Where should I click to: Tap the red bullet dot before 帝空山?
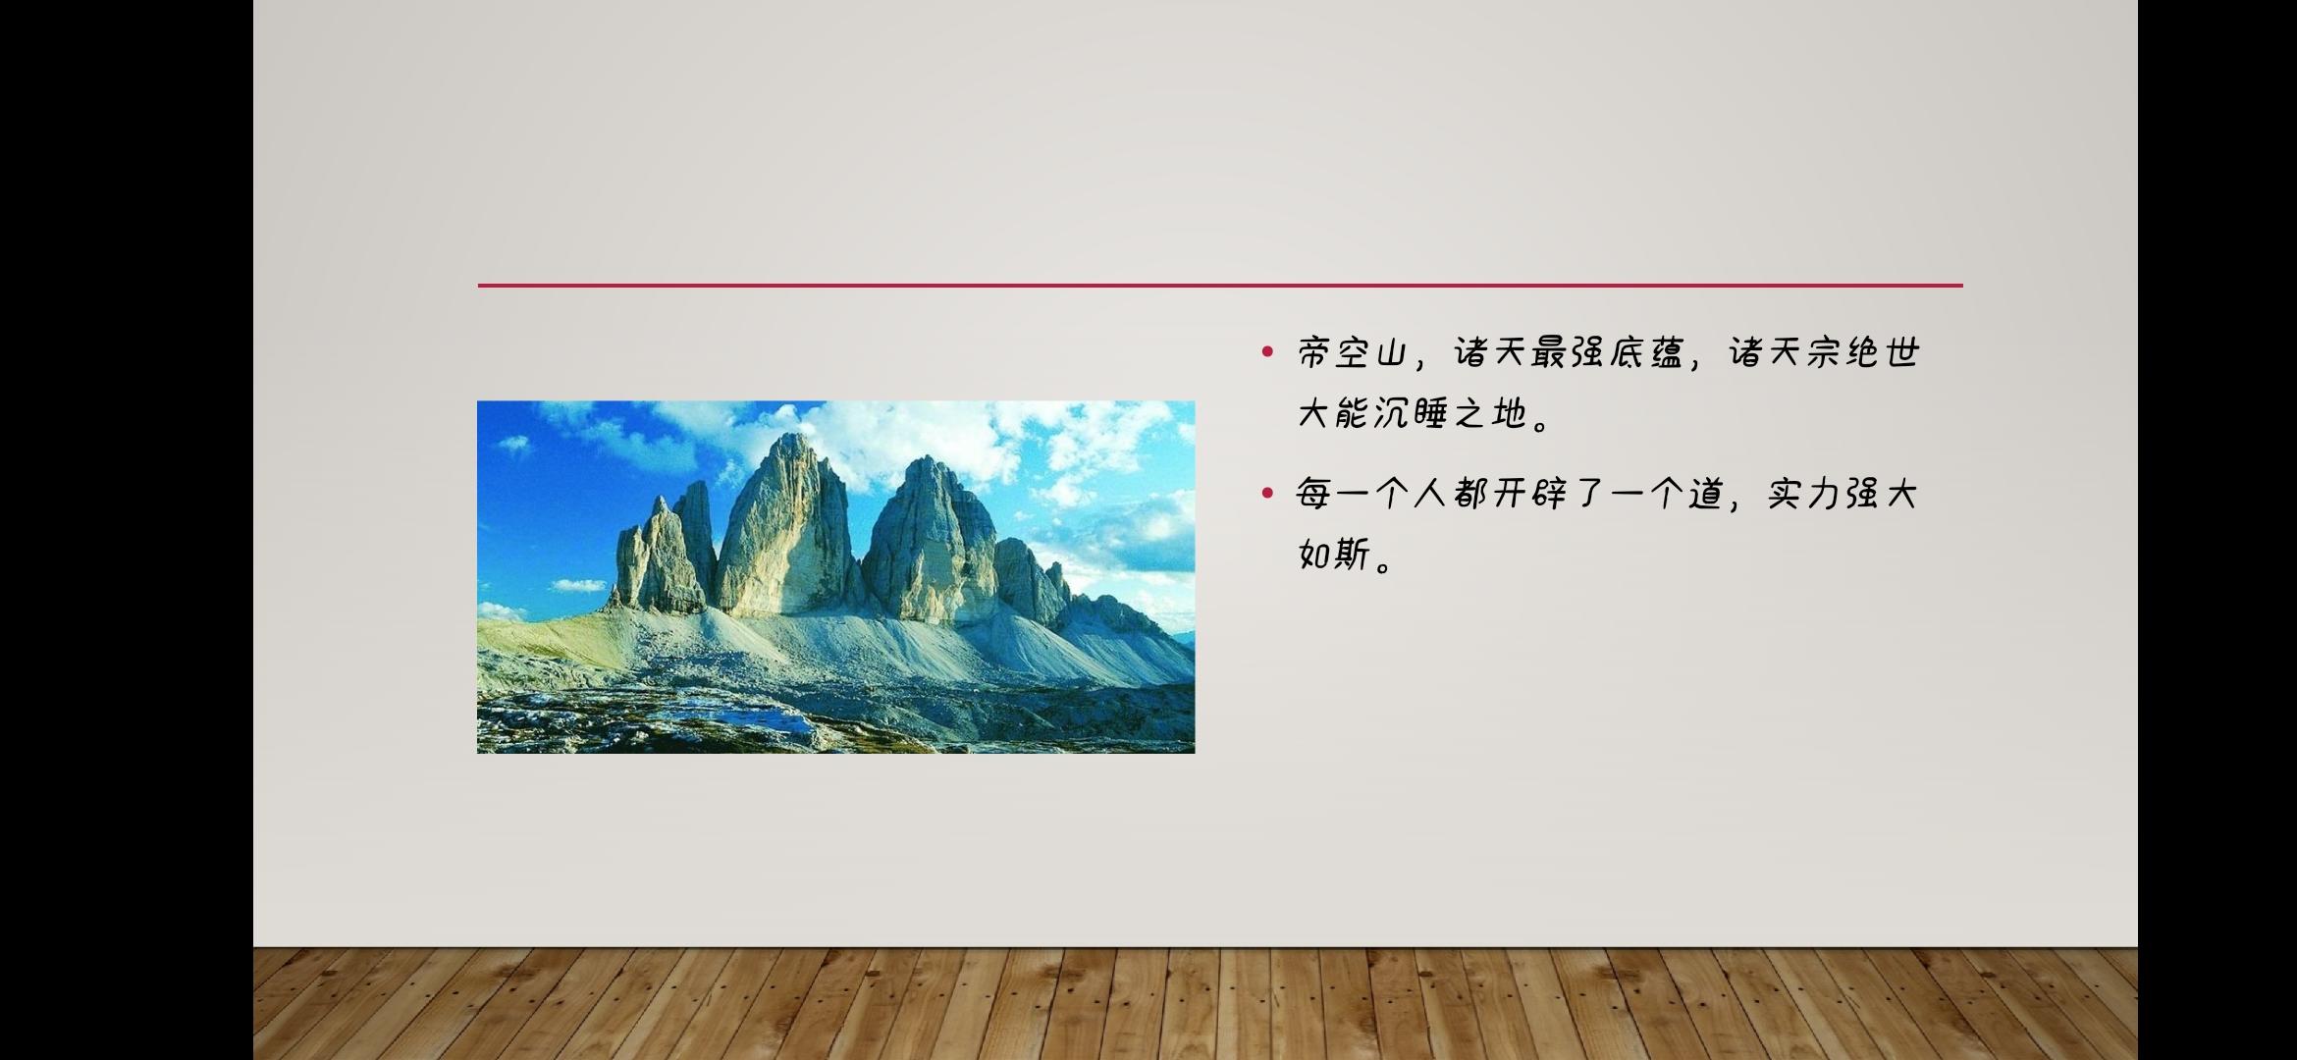pyautogui.click(x=1267, y=351)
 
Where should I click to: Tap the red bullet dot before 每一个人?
pyautogui.click(x=1267, y=493)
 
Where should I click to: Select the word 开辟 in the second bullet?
pyautogui.click(x=1529, y=494)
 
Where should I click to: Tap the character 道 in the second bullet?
pyautogui.click(x=1706, y=494)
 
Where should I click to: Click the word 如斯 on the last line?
pyautogui.click(x=1334, y=555)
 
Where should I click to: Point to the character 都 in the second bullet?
pyautogui.click(x=1470, y=494)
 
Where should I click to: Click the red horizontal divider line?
pyautogui.click(x=1220, y=286)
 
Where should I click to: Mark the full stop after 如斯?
pyautogui.click(x=1385, y=564)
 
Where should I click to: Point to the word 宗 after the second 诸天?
pyautogui.click(x=1824, y=352)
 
